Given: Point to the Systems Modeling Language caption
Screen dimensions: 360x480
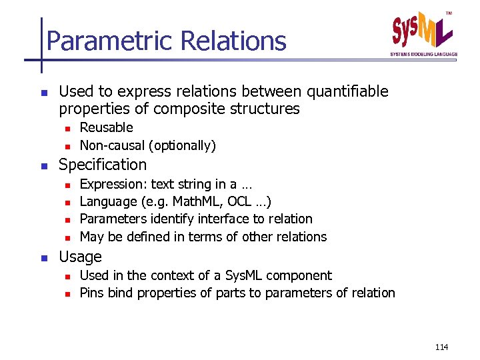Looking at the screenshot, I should pyautogui.click(x=424, y=54).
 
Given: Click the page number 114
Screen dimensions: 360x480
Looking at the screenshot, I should pyautogui.click(x=441, y=347).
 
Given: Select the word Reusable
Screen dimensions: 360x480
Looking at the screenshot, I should pyautogui.click(x=106, y=127).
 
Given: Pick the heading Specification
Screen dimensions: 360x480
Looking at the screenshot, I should pyautogui.click(x=103, y=165).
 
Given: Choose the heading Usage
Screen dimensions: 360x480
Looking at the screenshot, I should pyautogui.click(x=80, y=257).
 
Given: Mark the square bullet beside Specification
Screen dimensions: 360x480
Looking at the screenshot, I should pyautogui.click(x=43, y=165).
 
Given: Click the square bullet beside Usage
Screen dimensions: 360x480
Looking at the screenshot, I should pyautogui.click(x=43, y=257).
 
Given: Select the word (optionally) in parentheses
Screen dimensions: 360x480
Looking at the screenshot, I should pyautogui.click(x=183, y=145).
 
